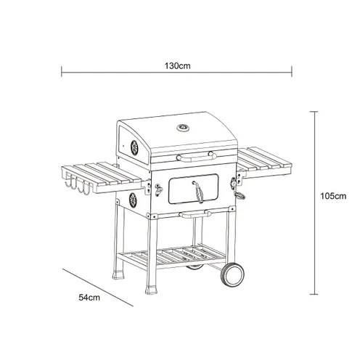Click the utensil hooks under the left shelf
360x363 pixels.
click(78, 187)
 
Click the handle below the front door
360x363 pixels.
click(195, 214)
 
